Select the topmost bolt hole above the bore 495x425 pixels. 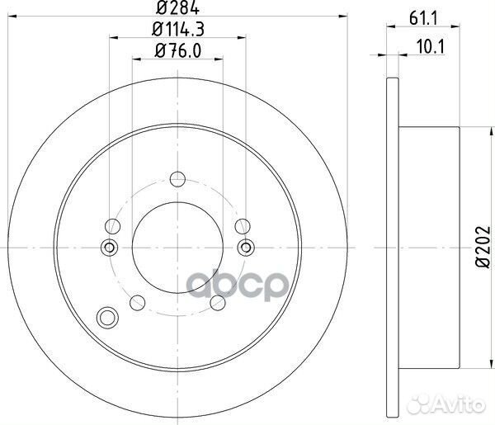pos(176,178)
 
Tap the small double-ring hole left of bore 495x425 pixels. pos(107,248)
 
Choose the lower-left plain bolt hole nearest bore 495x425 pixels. pos(139,302)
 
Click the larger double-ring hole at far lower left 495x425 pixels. pos(106,317)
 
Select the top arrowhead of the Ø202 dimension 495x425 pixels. pos(460,130)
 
